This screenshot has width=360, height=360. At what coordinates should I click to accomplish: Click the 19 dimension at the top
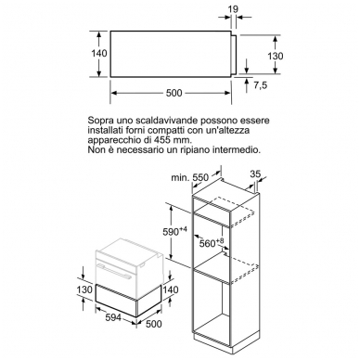(x=234, y=9)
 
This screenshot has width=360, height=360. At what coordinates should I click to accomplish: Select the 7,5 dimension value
(x=261, y=85)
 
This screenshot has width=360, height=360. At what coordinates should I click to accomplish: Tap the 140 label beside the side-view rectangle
(x=99, y=53)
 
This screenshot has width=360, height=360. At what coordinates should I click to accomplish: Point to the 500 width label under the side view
(x=174, y=93)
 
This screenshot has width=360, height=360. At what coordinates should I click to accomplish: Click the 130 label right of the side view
(x=276, y=56)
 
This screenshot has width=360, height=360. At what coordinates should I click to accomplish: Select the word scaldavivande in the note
(x=161, y=120)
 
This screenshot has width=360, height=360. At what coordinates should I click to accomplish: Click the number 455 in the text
(x=162, y=140)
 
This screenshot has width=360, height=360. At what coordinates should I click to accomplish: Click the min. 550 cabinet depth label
(x=190, y=177)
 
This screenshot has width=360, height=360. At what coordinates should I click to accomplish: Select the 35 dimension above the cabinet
(x=255, y=174)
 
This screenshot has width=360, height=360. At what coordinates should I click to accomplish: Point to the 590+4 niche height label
(x=175, y=231)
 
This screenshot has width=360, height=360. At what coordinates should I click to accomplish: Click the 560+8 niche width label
(x=212, y=243)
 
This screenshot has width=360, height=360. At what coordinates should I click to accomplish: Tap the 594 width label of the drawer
(x=113, y=317)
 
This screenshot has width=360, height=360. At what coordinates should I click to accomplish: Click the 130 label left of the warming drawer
(x=84, y=289)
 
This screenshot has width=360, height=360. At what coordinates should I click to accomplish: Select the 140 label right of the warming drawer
(x=171, y=289)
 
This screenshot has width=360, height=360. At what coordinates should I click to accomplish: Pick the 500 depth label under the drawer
(x=153, y=324)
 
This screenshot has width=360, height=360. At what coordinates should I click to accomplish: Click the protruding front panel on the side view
(x=234, y=55)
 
